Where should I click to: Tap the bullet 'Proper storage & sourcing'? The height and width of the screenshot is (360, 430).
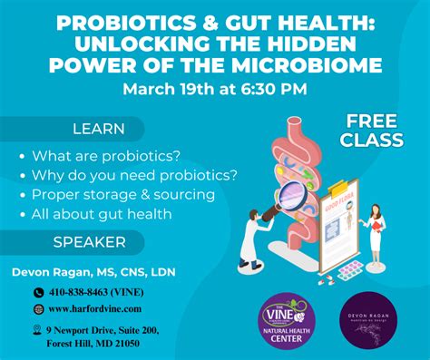(x=123, y=194)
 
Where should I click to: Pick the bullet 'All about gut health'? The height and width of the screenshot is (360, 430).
(x=102, y=214)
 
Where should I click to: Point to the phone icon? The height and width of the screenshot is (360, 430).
(x=38, y=293)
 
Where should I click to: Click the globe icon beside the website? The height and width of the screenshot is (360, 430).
(x=38, y=309)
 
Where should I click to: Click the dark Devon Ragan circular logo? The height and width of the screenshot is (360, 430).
(x=372, y=319)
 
